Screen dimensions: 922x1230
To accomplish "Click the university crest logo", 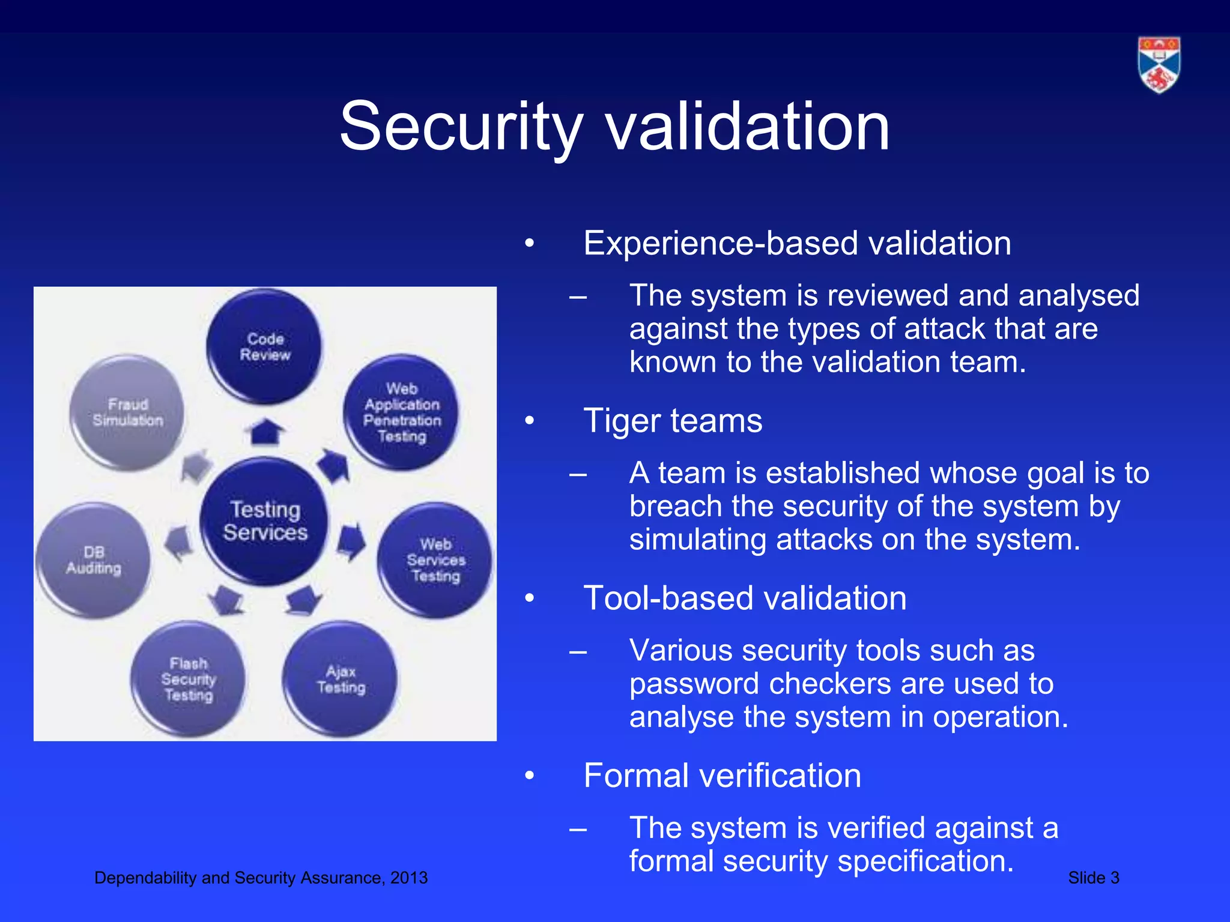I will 1159,65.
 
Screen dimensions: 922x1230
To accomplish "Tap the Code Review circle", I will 264,346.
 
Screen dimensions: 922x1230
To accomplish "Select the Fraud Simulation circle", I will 127,412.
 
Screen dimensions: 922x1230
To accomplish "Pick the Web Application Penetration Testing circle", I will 401,412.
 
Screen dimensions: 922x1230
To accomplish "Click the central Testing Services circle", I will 264,521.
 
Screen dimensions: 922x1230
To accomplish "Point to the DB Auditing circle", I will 94,560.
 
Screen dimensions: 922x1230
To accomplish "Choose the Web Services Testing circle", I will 435,560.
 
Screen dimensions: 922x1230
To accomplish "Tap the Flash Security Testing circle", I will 189,679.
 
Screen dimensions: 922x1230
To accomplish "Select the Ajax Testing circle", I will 341,679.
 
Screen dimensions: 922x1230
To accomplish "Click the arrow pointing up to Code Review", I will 264,432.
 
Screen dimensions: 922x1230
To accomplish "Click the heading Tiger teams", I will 673,420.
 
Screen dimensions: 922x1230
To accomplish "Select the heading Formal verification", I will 722,776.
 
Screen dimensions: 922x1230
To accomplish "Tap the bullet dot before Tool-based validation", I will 529,598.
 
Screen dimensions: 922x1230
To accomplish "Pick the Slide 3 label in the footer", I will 1094,878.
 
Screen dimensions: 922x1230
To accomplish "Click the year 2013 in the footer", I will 409,878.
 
